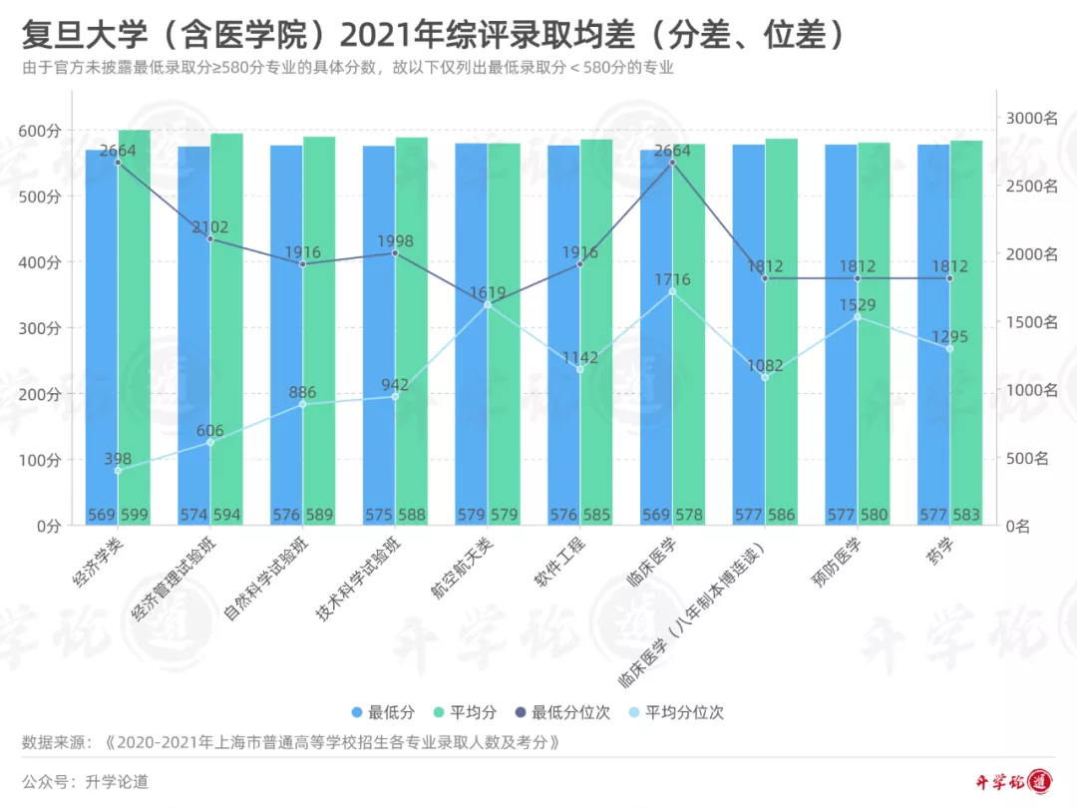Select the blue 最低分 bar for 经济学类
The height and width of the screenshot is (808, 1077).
(102, 339)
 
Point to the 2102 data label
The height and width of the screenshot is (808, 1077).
(210, 227)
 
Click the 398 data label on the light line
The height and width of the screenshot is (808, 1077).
(118, 459)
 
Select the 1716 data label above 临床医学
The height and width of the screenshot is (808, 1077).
(672, 280)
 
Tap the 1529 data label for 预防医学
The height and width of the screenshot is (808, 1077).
(858, 305)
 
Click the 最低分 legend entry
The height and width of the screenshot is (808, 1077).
(381, 712)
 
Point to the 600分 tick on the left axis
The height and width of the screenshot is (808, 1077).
(40, 131)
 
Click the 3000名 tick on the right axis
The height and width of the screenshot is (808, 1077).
(1031, 118)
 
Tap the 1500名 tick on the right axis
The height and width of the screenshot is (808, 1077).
(1031, 322)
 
